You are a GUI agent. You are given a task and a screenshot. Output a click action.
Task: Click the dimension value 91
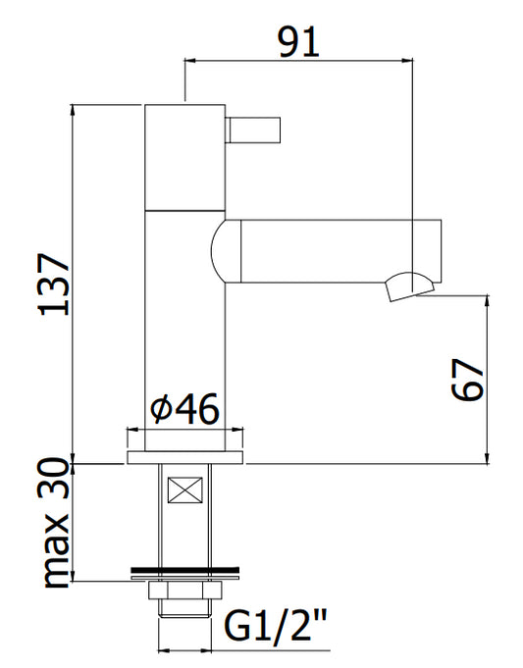point(298,42)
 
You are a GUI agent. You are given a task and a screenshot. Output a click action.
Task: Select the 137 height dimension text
point(54,284)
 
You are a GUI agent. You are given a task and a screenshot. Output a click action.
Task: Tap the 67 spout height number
point(468,380)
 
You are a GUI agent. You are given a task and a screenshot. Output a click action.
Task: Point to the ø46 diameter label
point(184,409)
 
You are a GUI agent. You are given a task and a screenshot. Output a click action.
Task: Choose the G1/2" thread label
point(276,625)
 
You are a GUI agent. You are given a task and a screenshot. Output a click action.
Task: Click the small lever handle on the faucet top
point(252,129)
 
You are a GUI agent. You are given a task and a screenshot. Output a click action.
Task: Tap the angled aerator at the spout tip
point(409,286)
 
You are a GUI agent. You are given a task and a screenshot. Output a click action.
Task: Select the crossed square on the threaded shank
point(185,489)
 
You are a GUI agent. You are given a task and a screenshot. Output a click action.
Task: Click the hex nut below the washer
point(185,591)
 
